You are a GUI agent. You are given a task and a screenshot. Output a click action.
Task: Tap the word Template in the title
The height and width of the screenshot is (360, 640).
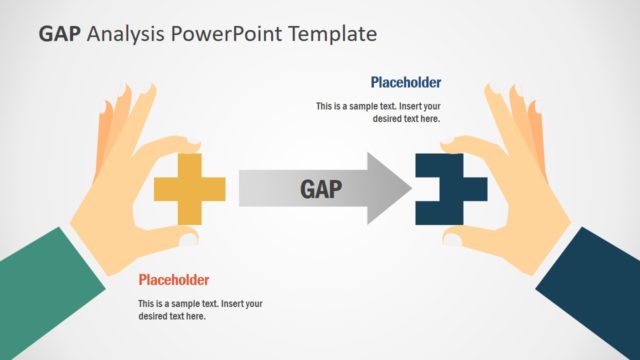click(332, 34)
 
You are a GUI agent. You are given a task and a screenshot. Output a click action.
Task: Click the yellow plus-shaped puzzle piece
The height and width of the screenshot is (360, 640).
click(189, 189)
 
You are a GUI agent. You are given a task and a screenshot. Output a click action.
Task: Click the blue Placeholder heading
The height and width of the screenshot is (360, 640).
click(405, 83)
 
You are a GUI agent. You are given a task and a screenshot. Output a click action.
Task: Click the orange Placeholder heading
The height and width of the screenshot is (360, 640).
click(174, 280)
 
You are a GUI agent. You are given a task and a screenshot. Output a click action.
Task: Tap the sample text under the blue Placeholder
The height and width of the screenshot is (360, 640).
click(378, 112)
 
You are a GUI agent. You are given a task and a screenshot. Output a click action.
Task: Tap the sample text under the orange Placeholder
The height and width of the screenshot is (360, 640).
click(200, 310)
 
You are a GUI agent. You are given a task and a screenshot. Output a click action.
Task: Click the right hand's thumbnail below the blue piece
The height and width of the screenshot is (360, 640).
click(453, 238)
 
